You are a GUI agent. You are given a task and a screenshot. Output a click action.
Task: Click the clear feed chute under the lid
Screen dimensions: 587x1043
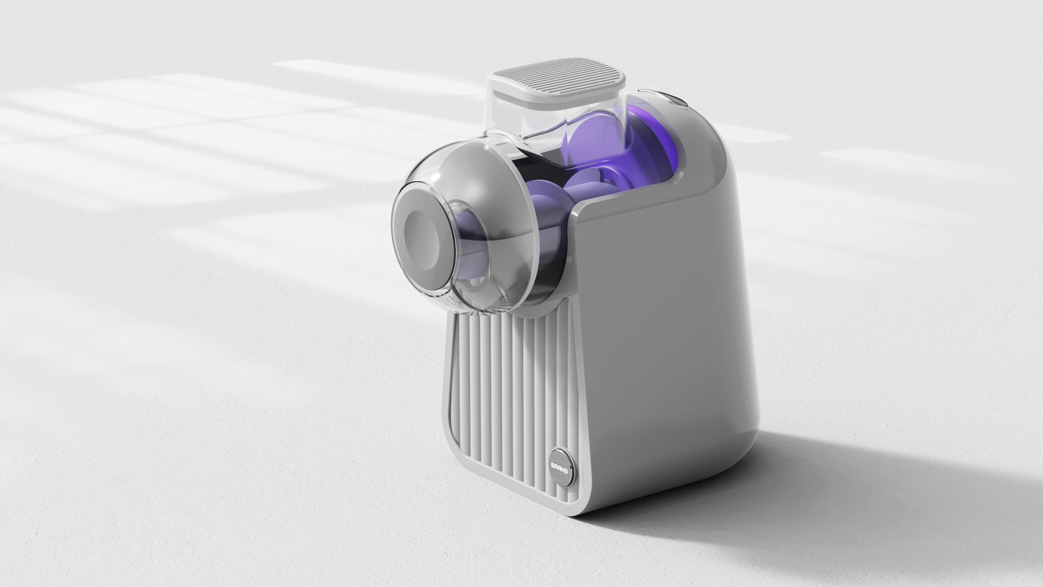(x=526, y=117)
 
